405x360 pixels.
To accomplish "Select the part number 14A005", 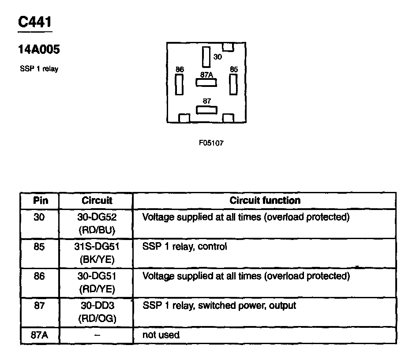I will [x=39, y=50].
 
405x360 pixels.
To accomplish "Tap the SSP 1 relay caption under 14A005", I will [x=39, y=69].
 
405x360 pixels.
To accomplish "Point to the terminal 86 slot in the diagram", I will [x=179, y=84].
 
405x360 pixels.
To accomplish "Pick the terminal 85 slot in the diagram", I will [x=233, y=84].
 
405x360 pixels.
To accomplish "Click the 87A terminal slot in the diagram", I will [x=206, y=82].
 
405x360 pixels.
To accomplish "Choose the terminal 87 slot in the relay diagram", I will [x=206, y=109].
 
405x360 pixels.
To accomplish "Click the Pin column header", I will [x=40, y=201].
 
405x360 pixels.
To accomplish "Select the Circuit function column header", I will [x=265, y=201].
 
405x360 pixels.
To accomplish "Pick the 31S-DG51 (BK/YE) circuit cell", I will [x=97, y=253].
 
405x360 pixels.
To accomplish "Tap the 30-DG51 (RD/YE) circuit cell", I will [x=97, y=282].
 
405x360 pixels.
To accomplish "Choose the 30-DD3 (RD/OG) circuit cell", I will [x=97, y=311].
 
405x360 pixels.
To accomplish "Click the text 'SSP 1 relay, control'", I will [x=185, y=247].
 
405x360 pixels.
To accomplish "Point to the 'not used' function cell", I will [x=161, y=335].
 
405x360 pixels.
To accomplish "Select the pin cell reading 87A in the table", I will [x=40, y=335].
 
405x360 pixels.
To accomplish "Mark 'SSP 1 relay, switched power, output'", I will [x=219, y=306].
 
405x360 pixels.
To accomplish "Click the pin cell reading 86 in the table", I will [x=40, y=277].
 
